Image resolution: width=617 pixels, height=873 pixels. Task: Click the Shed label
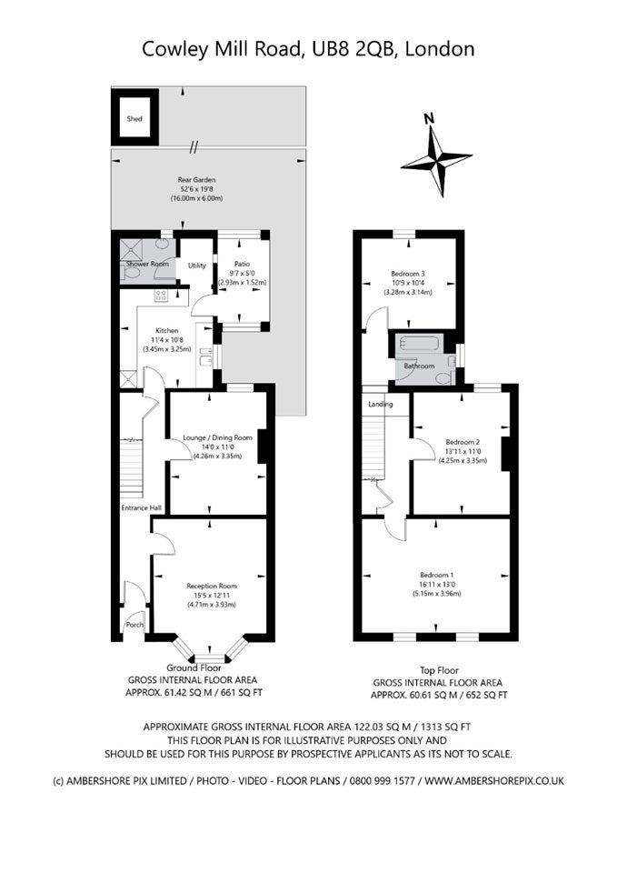134,118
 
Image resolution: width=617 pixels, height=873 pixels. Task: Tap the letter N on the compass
428,118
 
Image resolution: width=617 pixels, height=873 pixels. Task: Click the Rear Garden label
196,180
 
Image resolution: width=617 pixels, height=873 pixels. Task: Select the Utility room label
197,266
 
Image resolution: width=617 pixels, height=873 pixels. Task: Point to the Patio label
242,264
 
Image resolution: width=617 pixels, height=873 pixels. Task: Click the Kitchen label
167,331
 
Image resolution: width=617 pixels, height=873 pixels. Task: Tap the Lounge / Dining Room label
217,437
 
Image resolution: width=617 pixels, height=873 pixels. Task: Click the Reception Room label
212,586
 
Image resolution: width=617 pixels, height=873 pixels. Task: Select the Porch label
134,625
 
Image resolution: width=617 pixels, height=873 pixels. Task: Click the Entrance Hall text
142,507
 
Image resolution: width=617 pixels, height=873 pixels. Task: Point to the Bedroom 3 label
408,274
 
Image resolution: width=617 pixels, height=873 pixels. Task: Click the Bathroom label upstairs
419,366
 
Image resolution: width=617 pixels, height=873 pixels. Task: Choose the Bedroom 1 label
437,575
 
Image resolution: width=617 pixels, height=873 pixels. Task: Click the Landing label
381,404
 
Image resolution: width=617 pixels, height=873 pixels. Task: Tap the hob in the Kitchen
161,295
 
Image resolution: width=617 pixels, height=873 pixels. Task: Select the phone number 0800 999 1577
383,780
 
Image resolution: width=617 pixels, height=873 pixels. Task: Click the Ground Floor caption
194,667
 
